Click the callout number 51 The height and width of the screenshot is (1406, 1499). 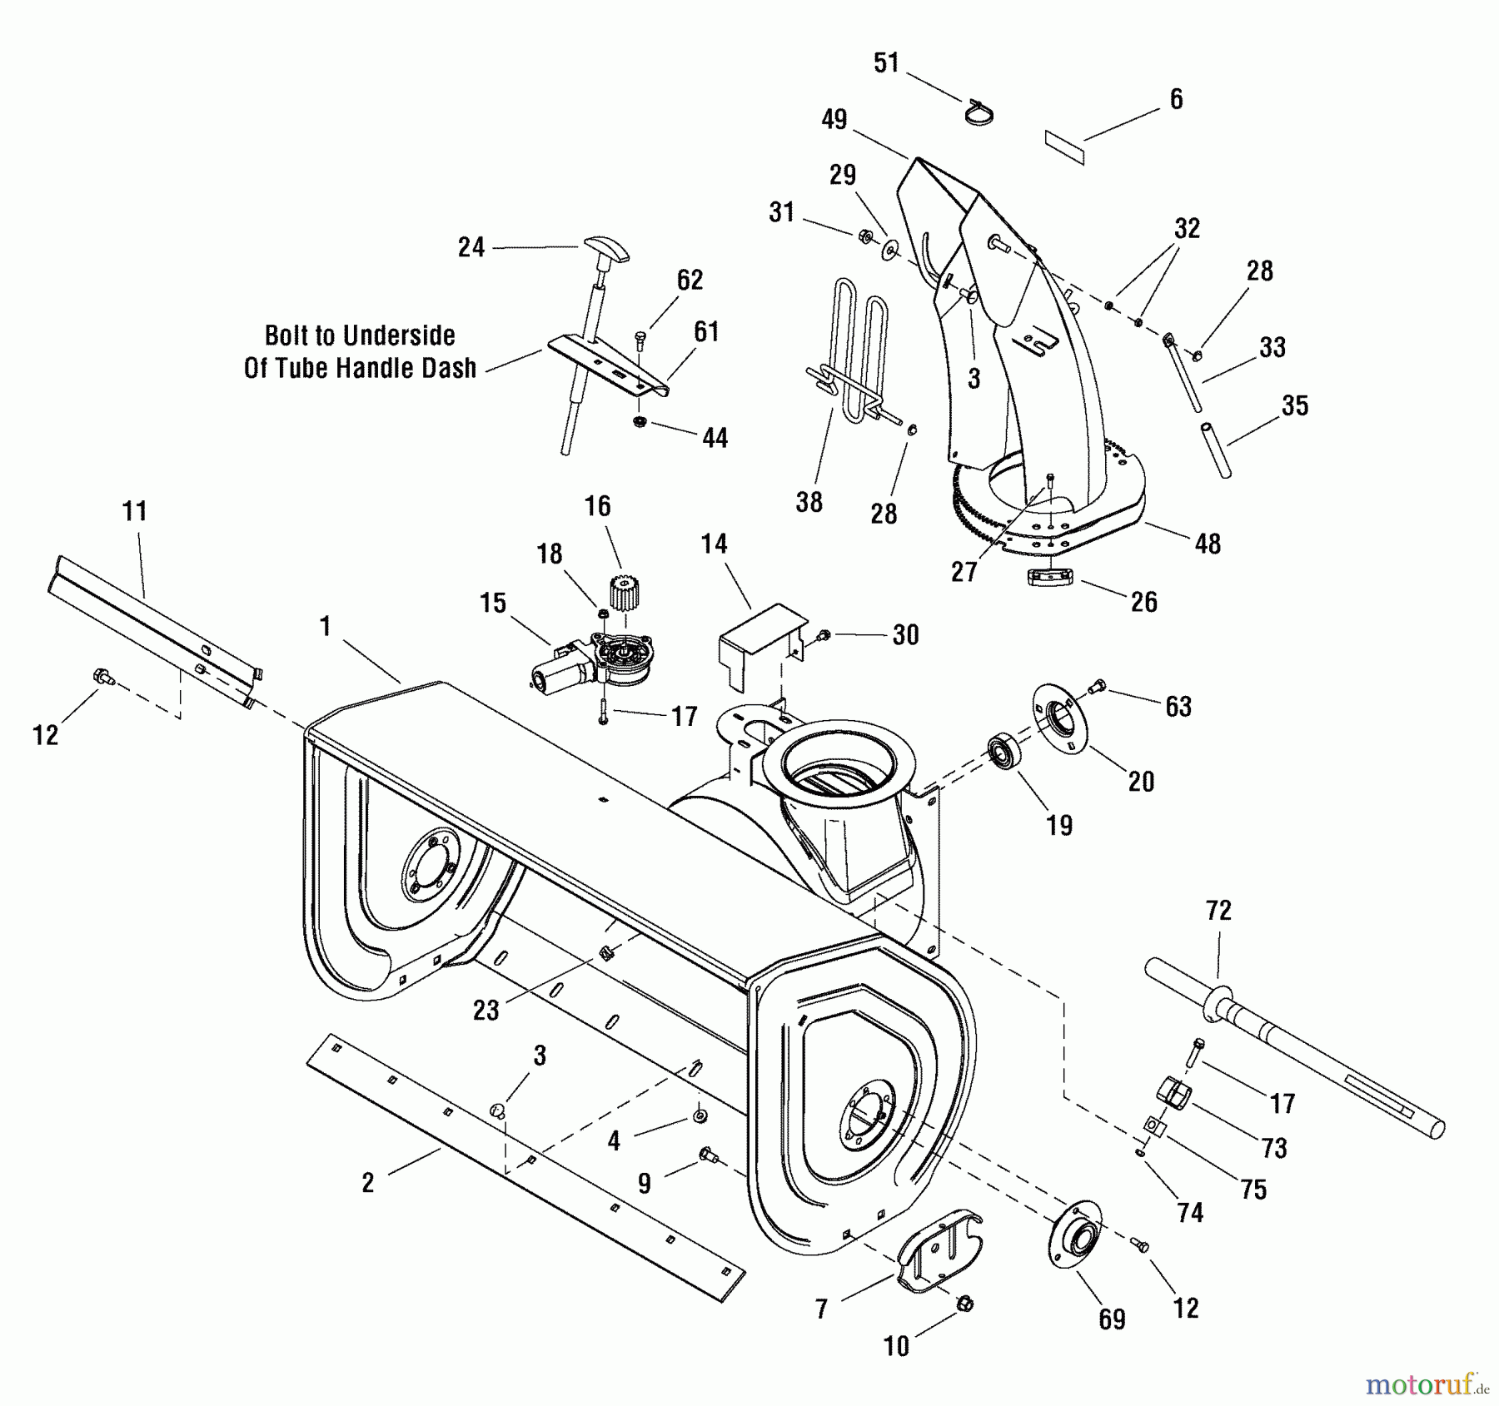point(887,63)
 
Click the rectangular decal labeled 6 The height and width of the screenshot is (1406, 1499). point(1065,148)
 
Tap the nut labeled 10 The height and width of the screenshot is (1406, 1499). point(966,1304)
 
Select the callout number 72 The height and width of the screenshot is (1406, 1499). point(1218,911)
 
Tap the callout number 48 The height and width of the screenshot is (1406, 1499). point(1208,544)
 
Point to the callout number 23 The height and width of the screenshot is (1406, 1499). point(486,1010)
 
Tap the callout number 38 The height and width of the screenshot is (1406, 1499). point(809,502)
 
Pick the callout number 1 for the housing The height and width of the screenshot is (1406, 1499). point(325,626)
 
